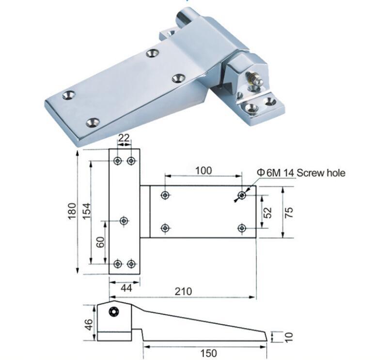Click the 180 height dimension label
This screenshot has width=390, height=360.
[71, 211]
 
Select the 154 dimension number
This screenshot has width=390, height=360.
[86, 211]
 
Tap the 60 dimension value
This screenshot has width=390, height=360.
[100, 241]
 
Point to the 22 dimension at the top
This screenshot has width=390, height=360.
[124, 138]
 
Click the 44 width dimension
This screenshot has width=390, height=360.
[125, 288]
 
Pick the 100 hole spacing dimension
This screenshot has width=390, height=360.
[203, 170]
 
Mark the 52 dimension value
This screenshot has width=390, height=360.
[268, 211]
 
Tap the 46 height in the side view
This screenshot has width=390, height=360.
[88, 323]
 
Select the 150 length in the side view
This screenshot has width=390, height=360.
[208, 353]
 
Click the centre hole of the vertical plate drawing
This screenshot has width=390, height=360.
[124, 221]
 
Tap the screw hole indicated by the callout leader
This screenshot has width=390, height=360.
[241, 195]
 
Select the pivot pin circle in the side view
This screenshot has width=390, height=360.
[114, 312]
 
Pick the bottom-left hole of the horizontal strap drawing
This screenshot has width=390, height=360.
[165, 227]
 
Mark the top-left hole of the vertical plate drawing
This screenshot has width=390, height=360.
[117, 160]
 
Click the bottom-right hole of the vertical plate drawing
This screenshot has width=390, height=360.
[131, 264]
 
